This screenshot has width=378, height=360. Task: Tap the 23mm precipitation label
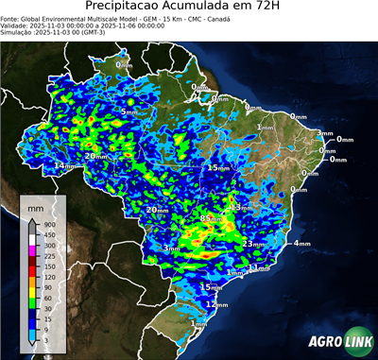tap(253, 244)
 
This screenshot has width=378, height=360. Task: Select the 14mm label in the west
tap(65, 165)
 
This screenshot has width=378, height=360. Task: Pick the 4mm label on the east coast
tap(302, 244)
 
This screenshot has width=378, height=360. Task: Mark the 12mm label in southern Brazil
tap(217, 305)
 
